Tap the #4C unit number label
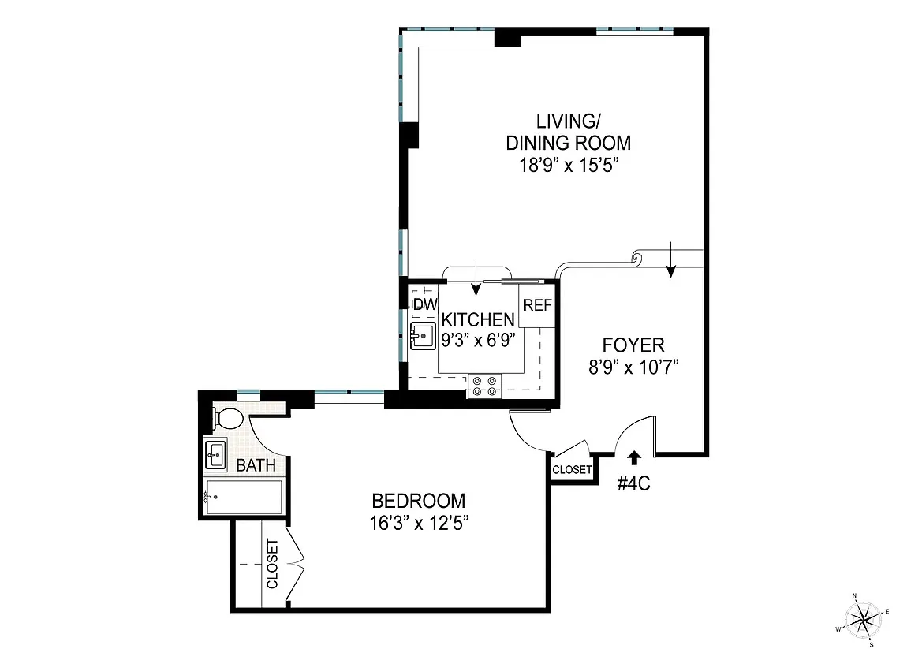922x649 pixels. click(x=633, y=483)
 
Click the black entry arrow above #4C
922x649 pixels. click(x=633, y=457)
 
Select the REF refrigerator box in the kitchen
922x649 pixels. click(x=537, y=305)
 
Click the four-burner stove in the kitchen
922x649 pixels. click(x=485, y=386)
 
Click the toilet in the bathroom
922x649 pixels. click(x=230, y=417)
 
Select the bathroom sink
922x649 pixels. click(x=216, y=454)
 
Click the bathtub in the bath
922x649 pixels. click(x=243, y=497)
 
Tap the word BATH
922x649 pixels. click(x=256, y=465)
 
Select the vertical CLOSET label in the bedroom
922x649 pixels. click(x=272, y=564)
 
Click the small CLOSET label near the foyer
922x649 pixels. click(x=572, y=469)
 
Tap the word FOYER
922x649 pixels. click(x=633, y=345)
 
